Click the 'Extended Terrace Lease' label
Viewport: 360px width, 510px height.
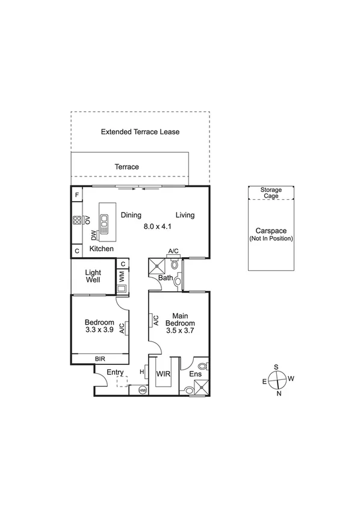point(140,131)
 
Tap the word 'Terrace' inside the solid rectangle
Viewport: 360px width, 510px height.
point(127,167)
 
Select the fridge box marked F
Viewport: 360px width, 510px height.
point(77,196)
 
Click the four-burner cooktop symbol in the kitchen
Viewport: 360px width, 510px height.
point(78,220)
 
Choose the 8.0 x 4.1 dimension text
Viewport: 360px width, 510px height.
point(158,226)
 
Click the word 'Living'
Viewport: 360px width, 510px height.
point(185,215)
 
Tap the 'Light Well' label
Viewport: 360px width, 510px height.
point(93,276)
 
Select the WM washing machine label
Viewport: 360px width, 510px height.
point(121,277)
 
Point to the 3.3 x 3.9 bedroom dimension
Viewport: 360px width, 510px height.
point(99,330)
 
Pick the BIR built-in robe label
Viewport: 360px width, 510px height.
point(99,359)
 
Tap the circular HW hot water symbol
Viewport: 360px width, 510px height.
point(143,391)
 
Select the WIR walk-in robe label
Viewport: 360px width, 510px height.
point(163,374)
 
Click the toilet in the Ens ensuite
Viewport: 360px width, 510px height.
point(202,365)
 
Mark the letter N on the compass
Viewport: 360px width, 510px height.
point(278,394)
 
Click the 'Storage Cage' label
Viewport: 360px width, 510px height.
point(271,193)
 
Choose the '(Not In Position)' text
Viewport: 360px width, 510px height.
point(271,238)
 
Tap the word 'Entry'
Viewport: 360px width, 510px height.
point(115,373)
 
